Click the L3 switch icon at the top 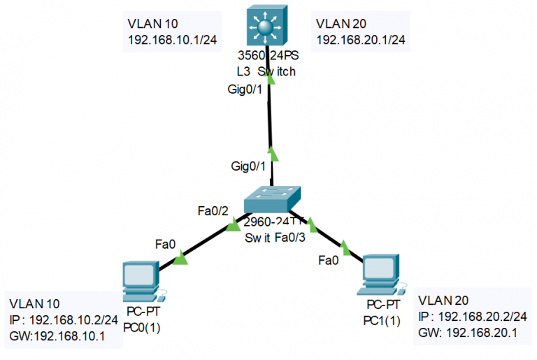266,27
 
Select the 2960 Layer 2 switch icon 273,201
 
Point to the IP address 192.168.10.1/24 172,39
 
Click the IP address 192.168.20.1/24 361,39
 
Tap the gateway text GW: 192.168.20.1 468,333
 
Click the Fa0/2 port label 213,209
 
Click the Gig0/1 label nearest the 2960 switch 248,166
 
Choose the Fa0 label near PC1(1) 329,261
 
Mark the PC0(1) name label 142,326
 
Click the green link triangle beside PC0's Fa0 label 180,260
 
